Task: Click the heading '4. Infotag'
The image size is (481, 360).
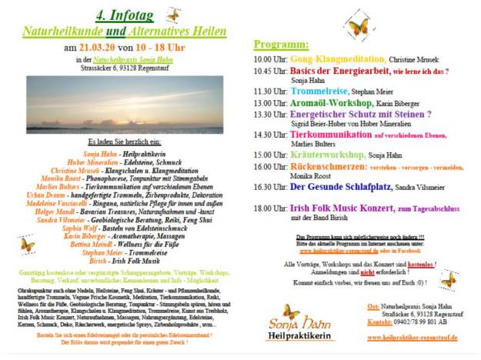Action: click(123, 17)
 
